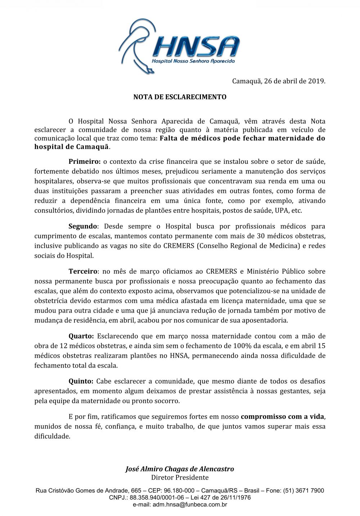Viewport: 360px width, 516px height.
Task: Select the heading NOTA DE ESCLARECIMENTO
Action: pyautogui.click(x=180, y=97)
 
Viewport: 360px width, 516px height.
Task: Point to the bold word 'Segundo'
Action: pyautogui.click(x=83, y=226)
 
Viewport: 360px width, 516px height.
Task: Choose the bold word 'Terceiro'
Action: pyautogui.click(x=83, y=272)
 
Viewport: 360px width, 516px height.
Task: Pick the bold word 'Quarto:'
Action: pyautogui.click(x=81, y=336)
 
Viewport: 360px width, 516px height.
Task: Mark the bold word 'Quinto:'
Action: pyautogui.click(x=81, y=381)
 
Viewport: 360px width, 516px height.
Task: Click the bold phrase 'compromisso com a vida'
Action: pyautogui.click(x=283, y=417)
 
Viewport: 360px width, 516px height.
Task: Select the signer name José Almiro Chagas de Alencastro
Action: pyautogui.click(x=180, y=469)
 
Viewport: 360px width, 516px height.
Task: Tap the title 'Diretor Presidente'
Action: pyautogui.click(x=180, y=478)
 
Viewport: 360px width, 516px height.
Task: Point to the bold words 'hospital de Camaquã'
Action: pyautogui.click(x=71, y=147)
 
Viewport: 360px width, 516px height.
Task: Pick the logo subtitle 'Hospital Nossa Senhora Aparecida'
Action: pyautogui.click(x=193, y=62)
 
